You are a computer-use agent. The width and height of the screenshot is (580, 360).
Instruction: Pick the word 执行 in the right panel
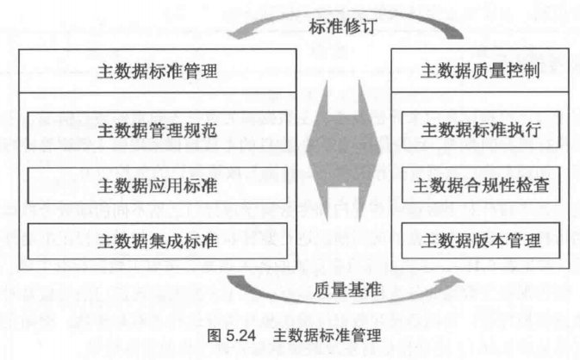(x=527, y=131)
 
